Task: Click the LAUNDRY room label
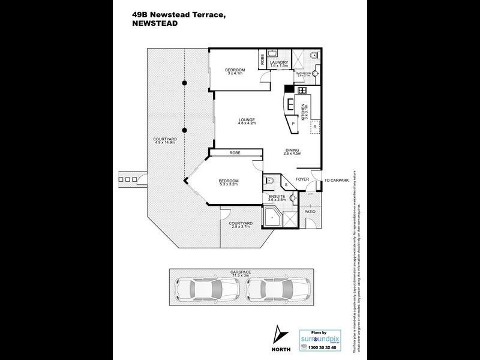[x=280, y=63]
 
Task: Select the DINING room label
[x=292, y=151]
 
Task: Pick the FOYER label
[x=302, y=179]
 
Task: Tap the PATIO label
[x=310, y=212]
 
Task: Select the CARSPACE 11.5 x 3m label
[x=239, y=272]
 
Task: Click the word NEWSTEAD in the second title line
[x=155, y=26]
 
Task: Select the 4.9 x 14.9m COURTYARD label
[x=164, y=142]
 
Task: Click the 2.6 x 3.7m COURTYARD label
[x=241, y=225]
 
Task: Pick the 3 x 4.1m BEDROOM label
[x=234, y=71]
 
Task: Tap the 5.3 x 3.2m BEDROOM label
[x=228, y=182]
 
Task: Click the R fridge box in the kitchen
[x=315, y=127]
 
